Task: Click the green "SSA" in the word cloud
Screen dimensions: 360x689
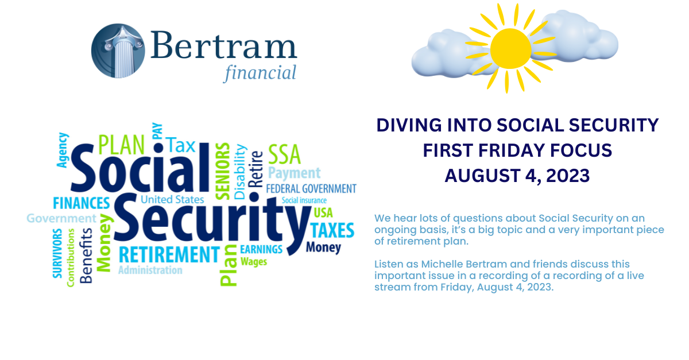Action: (284, 153)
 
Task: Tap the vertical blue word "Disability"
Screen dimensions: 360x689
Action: (240, 172)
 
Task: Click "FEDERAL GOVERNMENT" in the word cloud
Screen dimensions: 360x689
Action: (311, 189)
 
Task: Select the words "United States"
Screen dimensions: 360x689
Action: (172, 200)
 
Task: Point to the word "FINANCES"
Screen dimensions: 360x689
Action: (81, 204)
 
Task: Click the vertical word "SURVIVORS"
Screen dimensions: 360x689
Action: (57, 253)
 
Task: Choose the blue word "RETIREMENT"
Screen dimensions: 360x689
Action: (169, 254)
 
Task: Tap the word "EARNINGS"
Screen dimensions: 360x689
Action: (261, 250)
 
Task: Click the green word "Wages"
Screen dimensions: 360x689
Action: (253, 262)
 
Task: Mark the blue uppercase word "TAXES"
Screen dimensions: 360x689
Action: (332, 230)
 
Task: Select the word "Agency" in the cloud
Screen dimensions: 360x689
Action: (63, 150)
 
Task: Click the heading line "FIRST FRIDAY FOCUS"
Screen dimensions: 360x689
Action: (517, 150)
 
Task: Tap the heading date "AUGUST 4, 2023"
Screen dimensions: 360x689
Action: (517, 176)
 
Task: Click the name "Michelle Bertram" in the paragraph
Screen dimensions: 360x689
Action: (450, 264)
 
